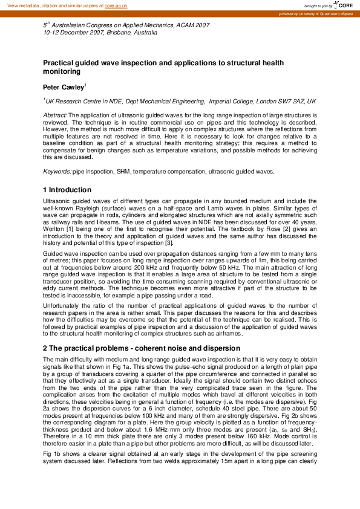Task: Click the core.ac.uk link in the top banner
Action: pos(116,5)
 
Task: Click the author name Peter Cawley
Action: pos(63,88)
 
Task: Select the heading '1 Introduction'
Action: pos(67,190)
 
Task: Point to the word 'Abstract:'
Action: pos(55,114)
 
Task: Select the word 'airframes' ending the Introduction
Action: pos(226,333)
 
